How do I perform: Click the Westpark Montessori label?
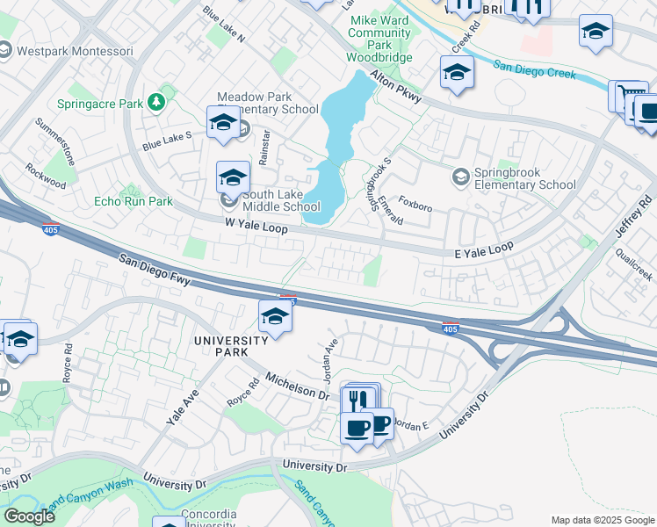(60, 51)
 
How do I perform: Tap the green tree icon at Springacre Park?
(156, 104)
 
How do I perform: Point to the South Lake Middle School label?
(281, 200)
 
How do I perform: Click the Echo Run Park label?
(134, 201)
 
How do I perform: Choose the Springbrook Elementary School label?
(525, 178)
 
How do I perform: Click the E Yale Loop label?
(483, 249)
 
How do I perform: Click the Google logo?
(29, 516)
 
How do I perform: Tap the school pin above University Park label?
(275, 317)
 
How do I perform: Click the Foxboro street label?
(415, 207)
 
